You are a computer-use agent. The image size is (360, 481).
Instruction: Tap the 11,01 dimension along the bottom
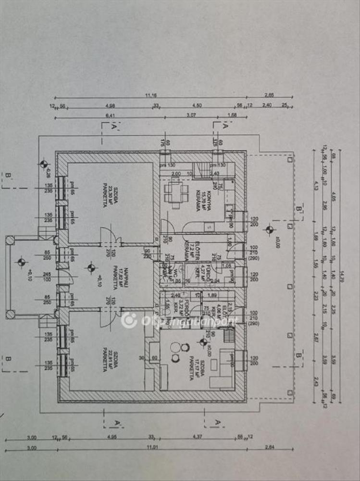click(151, 447)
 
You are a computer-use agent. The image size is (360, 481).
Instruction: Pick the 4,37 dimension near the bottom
click(199, 437)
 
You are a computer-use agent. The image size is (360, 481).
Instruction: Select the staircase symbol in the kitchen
click(202, 170)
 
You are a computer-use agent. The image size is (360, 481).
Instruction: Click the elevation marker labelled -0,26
click(44, 164)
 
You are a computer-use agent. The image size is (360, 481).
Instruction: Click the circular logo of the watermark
click(128, 320)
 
